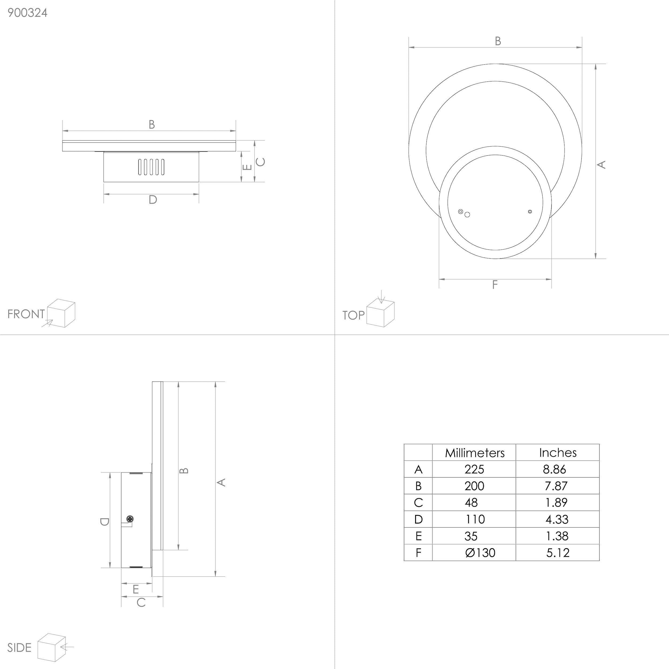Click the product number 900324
click(x=27, y=13)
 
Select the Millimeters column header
click(x=474, y=453)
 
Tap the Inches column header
click(x=557, y=453)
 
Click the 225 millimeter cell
click(x=474, y=469)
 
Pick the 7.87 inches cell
click(x=556, y=486)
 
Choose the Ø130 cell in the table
click(x=480, y=553)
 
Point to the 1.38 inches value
click(x=557, y=536)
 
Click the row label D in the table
click(x=418, y=519)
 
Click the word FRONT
click(x=26, y=314)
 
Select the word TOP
click(x=353, y=315)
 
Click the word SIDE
click(x=20, y=648)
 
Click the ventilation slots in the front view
click(x=151, y=167)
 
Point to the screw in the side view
click(x=130, y=519)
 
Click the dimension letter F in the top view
click(x=495, y=285)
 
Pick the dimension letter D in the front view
click(x=153, y=200)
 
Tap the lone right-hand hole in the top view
click(x=530, y=211)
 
